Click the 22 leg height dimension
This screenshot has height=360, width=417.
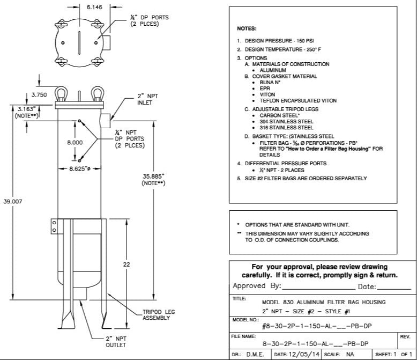tap(126, 265)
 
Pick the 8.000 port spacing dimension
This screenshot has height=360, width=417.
tap(75, 143)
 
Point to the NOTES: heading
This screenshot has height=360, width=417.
tap(247, 28)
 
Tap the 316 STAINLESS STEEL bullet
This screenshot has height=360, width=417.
tap(286, 128)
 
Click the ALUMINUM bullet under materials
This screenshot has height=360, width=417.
tap(273, 70)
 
